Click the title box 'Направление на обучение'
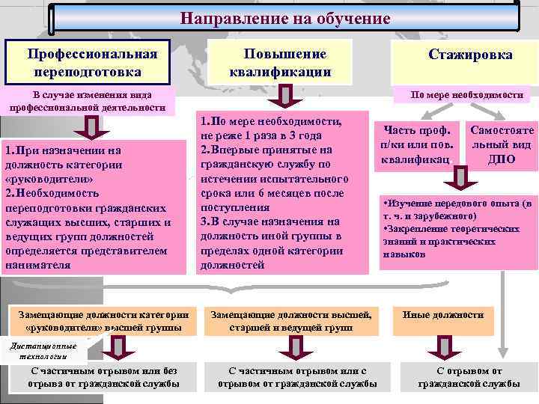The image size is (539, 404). tap(285, 18)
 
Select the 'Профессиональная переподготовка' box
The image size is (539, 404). tap(93, 64)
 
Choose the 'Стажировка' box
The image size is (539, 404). tap(470, 55)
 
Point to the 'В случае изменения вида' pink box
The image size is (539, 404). tap(88, 101)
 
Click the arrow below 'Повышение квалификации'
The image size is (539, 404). tap(281, 96)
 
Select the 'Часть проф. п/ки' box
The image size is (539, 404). tap(417, 144)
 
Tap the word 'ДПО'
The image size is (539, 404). tap(501, 159)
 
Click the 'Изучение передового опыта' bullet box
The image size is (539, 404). tap(457, 229)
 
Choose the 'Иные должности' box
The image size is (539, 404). tap(454, 315)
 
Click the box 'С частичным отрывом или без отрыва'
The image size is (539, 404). tap(103, 377)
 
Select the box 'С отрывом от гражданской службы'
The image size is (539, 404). tap(469, 377)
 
